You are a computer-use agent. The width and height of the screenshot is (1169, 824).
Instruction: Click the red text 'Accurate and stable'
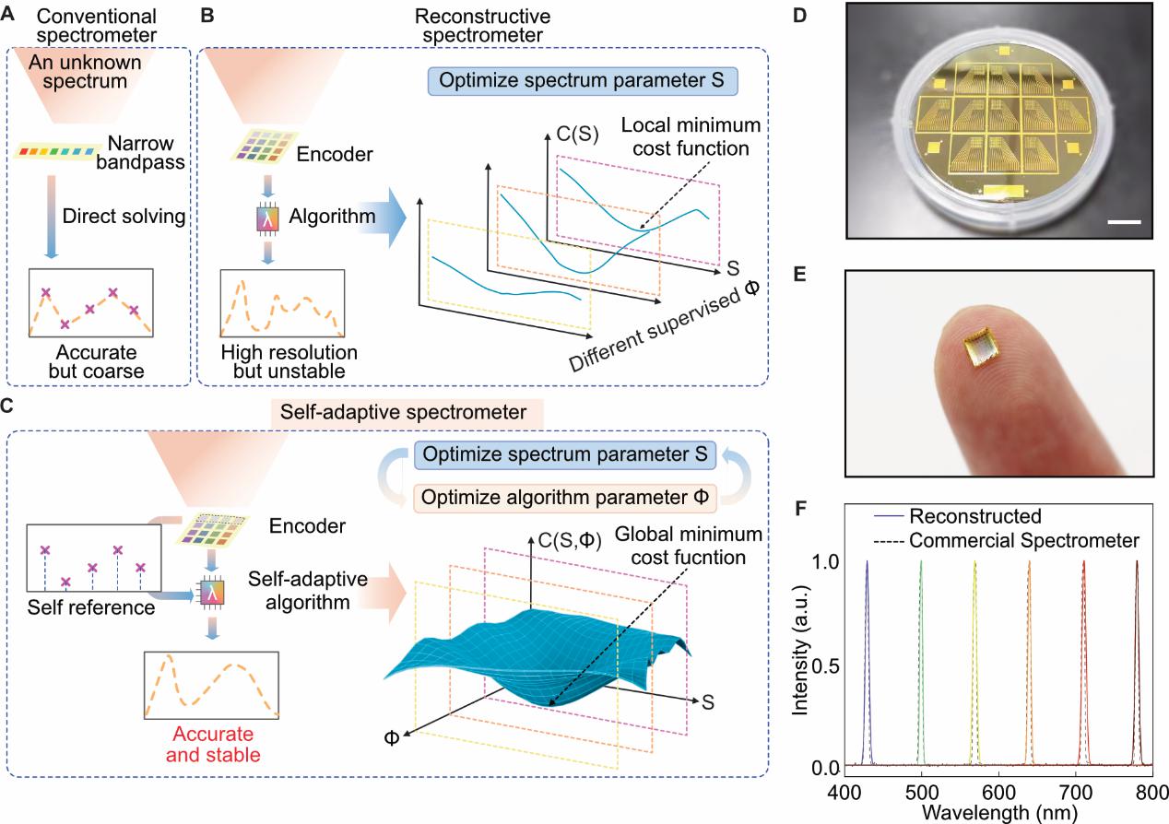point(212,745)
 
